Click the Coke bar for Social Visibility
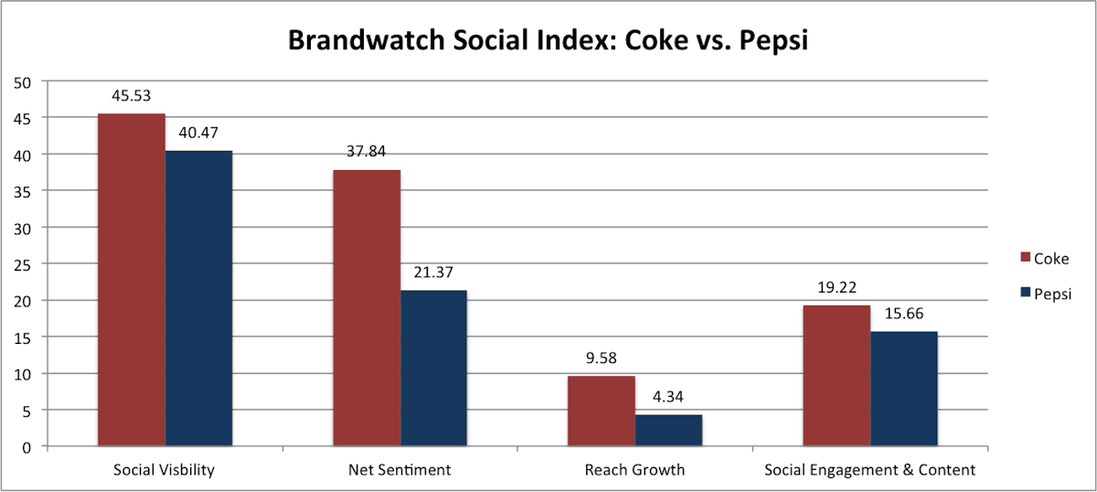(132, 280)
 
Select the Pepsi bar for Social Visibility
(198, 298)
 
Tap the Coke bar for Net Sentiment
(367, 308)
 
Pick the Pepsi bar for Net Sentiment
(433, 368)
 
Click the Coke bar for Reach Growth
(602, 412)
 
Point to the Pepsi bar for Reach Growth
(668, 431)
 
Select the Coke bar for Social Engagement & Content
(836, 376)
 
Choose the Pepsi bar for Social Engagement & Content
(903, 389)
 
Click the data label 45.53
(132, 94)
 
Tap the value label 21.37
(433, 272)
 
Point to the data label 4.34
(668, 397)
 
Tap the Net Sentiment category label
(399, 470)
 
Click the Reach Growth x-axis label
(634, 470)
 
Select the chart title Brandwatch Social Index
(548, 40)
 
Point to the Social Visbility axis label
(165, 470)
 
